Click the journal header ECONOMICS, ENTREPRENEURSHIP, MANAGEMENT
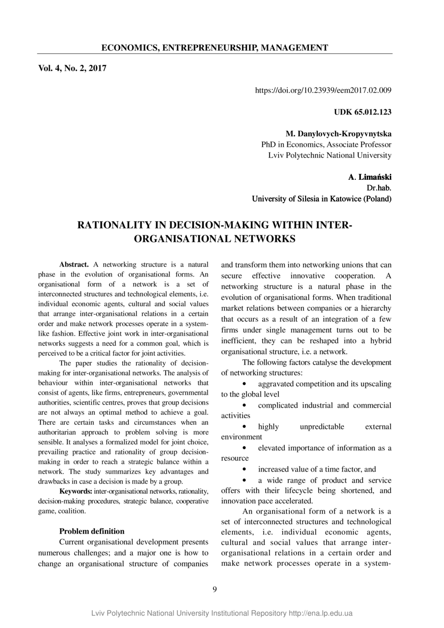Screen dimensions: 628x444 click(x=214, y=48)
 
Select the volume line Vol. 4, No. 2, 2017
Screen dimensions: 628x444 click(x=72, y=68)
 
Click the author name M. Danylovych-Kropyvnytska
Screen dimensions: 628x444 click(x=338, y=134)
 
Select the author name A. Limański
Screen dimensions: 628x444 click(x=369, y=177)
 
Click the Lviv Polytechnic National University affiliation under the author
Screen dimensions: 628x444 click(x=329, y=155)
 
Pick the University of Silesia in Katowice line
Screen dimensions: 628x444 click(x=321, y=199)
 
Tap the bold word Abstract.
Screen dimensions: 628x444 click(x=74, y=264)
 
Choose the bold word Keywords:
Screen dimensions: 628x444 click(x=76, y=491)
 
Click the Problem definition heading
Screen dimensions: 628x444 click(x=92, y=531)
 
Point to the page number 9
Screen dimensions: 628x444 click(x=215, y=589)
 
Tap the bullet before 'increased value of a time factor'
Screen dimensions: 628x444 click(x=245, y=469)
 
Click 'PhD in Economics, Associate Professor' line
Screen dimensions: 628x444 click(x=326, y=144)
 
